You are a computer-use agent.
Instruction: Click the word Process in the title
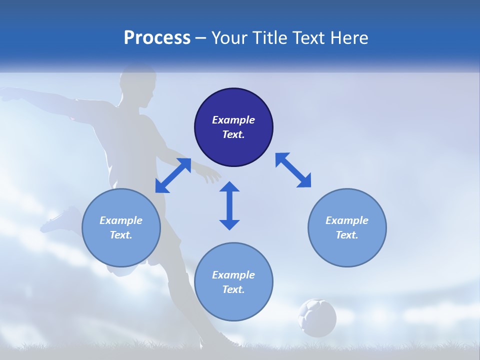(157, 38)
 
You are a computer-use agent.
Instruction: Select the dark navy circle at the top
(233, 127)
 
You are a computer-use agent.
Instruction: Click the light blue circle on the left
(121, 227)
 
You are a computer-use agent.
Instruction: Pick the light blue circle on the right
(347, 227)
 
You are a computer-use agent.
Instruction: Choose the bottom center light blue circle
(233, 281)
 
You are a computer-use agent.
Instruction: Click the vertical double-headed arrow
(229, 205)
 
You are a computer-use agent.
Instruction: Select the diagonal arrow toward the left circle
(173, 175)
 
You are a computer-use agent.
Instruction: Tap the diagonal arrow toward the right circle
(293, 170)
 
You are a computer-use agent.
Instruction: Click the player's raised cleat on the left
(60, 220)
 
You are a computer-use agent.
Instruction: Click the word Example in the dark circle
(233, 120)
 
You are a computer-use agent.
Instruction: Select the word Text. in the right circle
(347, 235)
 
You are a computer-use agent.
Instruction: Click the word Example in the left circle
(121, 220)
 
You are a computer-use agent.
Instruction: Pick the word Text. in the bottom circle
(233, 289)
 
